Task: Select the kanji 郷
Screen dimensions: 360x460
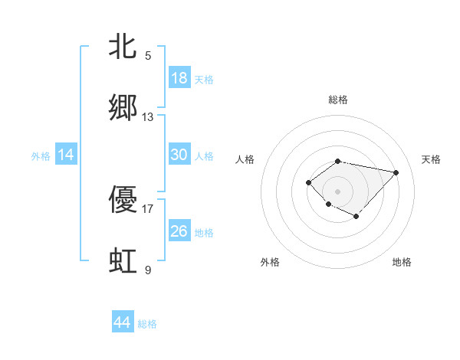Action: click(123, 107)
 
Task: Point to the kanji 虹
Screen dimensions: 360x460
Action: click(123, 260)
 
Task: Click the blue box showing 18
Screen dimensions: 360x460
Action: click(179, 78)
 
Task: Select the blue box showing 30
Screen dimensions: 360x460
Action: click(179, 155)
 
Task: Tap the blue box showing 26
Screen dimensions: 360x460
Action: click(179, 231)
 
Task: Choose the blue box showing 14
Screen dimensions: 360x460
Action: click(66, 155)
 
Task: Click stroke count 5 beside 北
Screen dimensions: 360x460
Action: click(148, 55)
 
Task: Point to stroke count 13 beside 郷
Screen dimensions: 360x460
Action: click(148, 116)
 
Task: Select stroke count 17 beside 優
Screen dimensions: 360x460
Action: click(148, 208)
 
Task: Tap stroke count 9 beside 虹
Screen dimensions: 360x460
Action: click(148, 270)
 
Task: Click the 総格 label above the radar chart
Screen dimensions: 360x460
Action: click(338, 100)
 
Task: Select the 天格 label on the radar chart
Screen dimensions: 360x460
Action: click(431, 159)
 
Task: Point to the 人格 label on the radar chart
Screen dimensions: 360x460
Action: click(245, 159)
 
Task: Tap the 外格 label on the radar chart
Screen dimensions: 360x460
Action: click(270, 262)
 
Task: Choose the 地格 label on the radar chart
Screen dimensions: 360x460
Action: click(402, 262)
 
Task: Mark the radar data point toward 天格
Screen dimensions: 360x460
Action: click(396, 172)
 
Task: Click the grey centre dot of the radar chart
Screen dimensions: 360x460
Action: click(338, 191)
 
